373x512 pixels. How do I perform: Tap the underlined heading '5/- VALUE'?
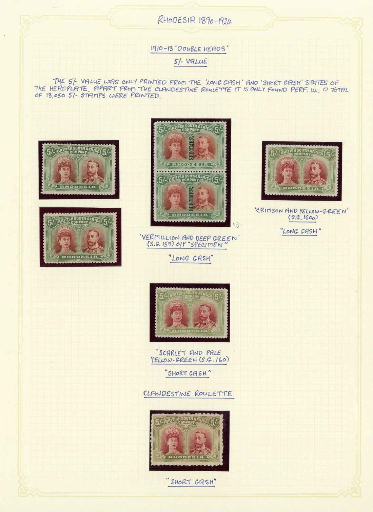point(191,61)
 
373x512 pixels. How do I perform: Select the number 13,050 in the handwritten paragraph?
point(51,96)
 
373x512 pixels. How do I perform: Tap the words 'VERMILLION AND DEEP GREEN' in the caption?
point(188,239)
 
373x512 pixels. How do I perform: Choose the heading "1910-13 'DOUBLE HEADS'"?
point(188,49)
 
